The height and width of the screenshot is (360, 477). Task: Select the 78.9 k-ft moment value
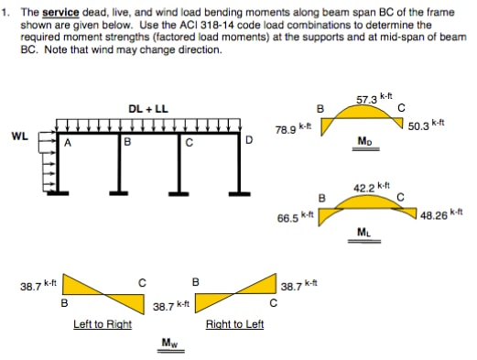point(293,130)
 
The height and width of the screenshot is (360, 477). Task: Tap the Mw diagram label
point(169,344)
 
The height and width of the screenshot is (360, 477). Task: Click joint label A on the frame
point(67,142)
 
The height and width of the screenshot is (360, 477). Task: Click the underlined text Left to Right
point(103,324)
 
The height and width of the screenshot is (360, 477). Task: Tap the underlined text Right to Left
point(234,324)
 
